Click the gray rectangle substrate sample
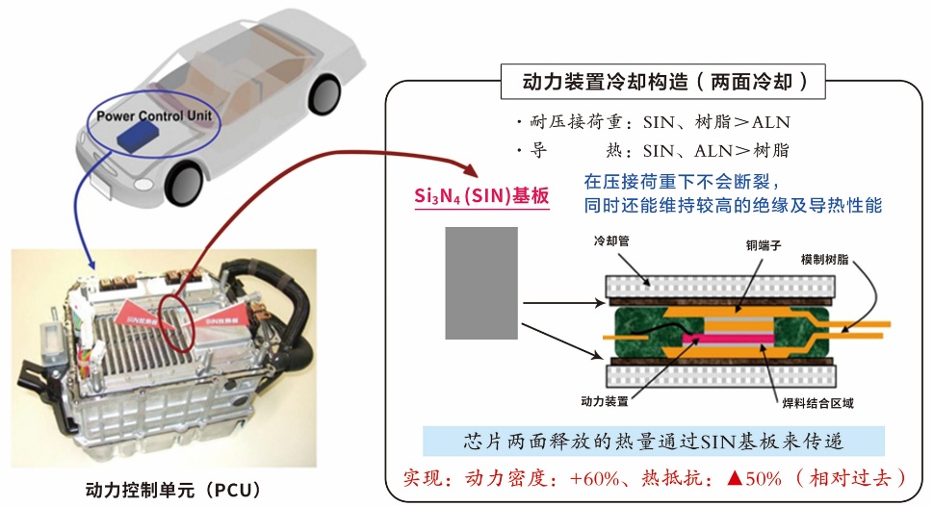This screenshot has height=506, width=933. click(481, 283)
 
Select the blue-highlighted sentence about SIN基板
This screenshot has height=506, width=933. click(654, 442)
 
